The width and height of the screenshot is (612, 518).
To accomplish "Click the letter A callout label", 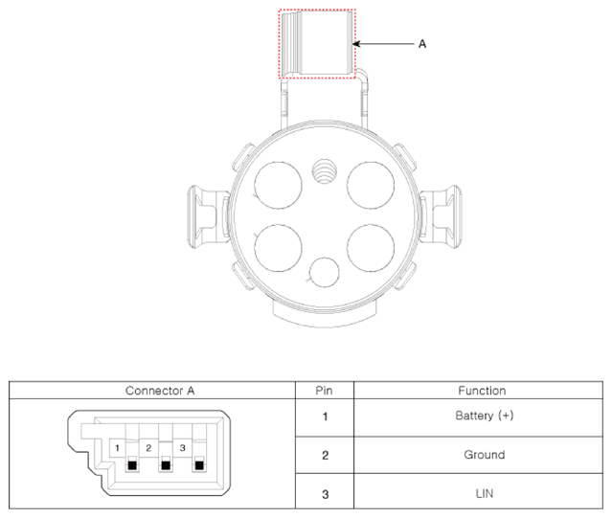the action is pyautogui.click(x=422, y=44).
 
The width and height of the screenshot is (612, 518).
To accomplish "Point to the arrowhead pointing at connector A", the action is pyautogui.click(x=356, y=44).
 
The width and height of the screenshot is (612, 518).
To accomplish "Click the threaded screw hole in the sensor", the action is pyautogui.click(x=325, y=171).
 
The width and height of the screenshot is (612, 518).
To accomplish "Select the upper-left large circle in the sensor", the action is pyautogui.click(x=278, y=186).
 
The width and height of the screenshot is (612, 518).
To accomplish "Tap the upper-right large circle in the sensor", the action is pyautogui.click(x=371, y=186).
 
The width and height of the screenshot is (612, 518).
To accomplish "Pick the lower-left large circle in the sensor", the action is pyautogui.click(x=278, y=248).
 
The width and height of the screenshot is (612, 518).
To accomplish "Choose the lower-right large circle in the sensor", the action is pyautogui.click(x=371, y=248).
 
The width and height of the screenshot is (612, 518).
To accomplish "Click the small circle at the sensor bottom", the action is pyautogui.click(x=325, y=272).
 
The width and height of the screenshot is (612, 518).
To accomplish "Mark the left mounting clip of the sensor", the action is pyautogui.click(x=208, y=217).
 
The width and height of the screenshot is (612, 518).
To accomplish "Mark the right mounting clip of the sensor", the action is pyautogui.click(x=441, y=217).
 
